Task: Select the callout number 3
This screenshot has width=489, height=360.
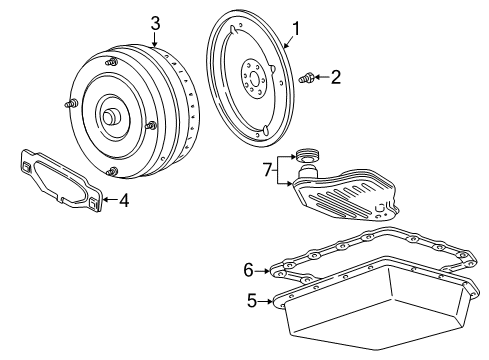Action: pyautogui.click(x=155, y=21)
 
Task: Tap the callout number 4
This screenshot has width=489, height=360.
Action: pyautogui.click(x=124, y=200)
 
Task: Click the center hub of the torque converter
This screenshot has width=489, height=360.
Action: pyautogui.click(x=108, y=116)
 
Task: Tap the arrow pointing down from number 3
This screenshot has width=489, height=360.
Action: pyautogui.click(x=155, y=39)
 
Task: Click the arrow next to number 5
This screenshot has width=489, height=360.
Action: pyautogui.click(x=270, y=299)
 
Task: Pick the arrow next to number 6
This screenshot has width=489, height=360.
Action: pyautogui.click(x=267, y=268)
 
